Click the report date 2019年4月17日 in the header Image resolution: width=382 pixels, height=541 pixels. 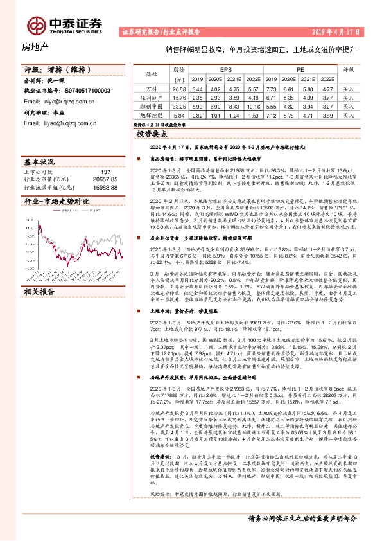tap(340, 31)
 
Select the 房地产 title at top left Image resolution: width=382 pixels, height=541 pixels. tap(35, 46)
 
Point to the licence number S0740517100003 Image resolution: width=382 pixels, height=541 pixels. tap(88, 91)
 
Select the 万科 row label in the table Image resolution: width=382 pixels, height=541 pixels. tap(152, 89)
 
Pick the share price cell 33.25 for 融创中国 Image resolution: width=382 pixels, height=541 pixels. tap(180, 106)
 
